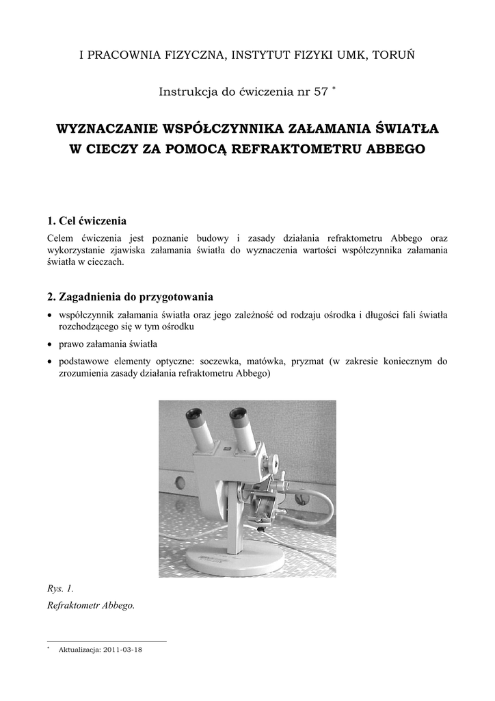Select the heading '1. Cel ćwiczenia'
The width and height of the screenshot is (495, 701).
point(87,220)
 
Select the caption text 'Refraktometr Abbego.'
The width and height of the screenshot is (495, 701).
point(91,606)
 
